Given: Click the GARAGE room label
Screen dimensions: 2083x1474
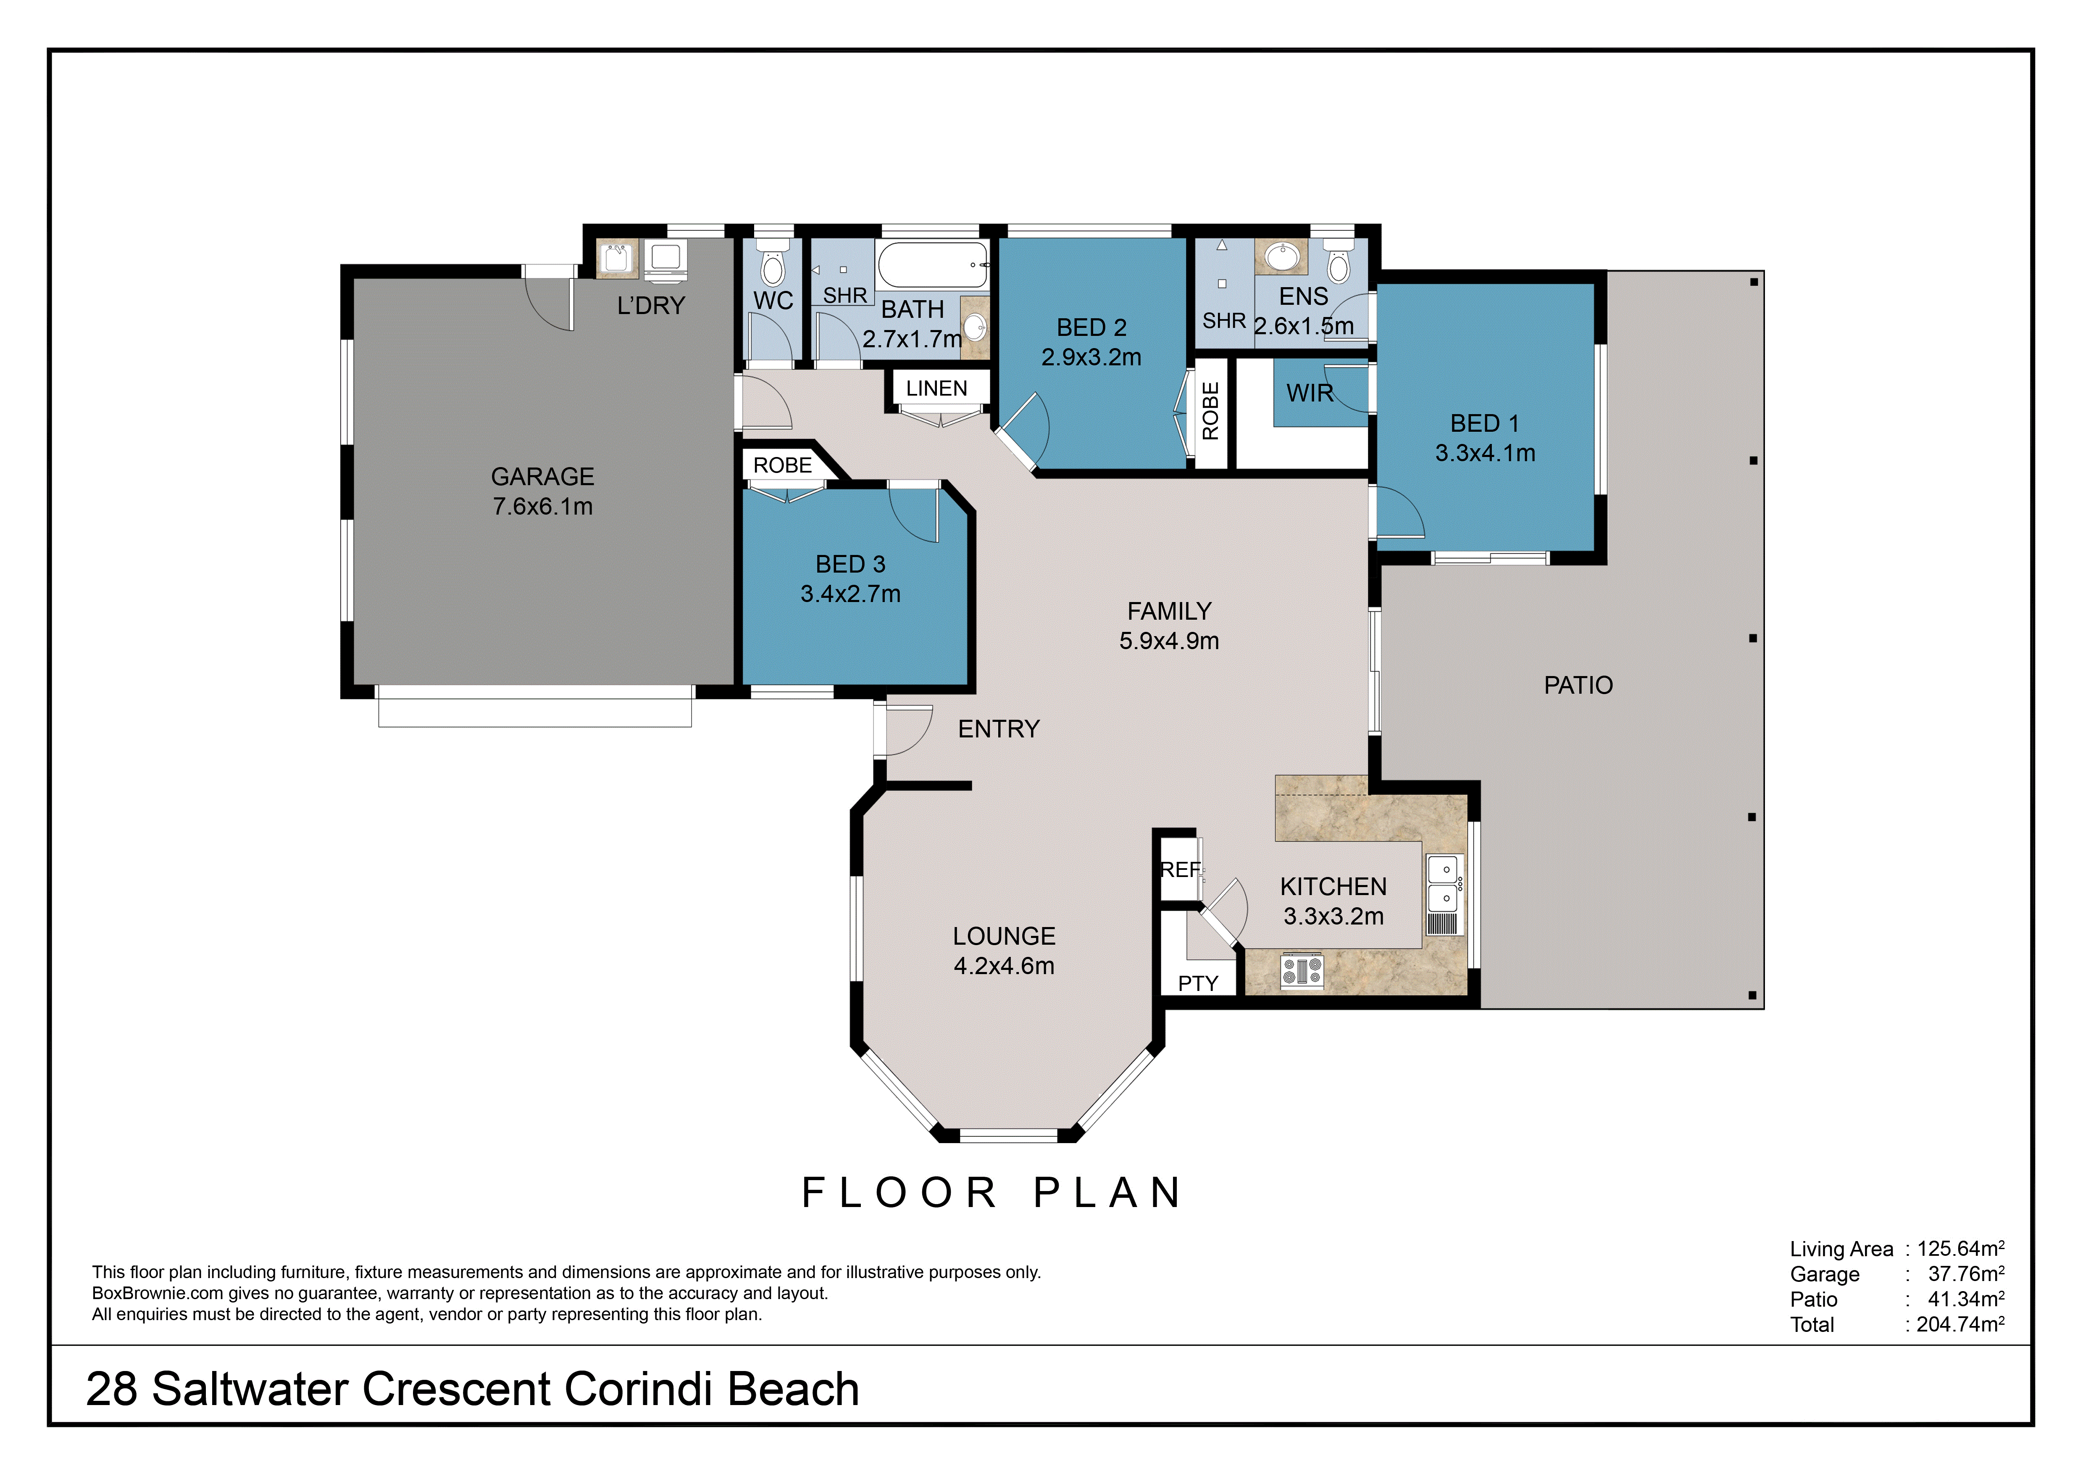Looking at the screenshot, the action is click(542, 476).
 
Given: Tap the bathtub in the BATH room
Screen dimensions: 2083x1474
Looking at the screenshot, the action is click(934, 265).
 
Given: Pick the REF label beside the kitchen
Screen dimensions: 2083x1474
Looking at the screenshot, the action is click(1180, 869).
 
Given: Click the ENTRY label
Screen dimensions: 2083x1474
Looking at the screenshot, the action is click(999, 729).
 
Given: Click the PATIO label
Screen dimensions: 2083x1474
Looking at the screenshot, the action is click(1578, 685).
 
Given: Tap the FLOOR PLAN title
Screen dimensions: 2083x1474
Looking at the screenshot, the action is click(992, 1193).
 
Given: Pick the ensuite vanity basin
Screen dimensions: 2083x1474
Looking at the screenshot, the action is click(1281, 257).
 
